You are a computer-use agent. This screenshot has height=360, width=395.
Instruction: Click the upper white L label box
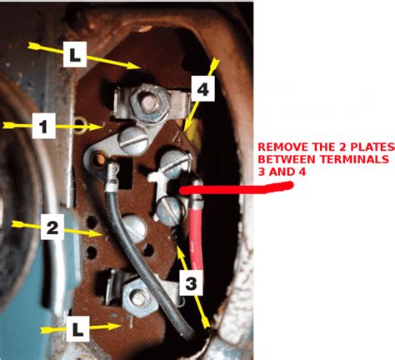(75, 54)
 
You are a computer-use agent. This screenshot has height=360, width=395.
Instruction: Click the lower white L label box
(77, 329)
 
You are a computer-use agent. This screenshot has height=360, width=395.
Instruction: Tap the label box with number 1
(44, 126)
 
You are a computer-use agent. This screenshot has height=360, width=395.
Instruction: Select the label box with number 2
(52, 227)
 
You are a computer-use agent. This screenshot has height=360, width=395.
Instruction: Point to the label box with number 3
(191, 282)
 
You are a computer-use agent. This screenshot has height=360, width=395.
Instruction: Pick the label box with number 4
(203, 88)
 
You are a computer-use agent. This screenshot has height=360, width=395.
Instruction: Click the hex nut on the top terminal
(149, 102)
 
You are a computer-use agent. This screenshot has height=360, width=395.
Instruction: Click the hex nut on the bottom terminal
(139, 297)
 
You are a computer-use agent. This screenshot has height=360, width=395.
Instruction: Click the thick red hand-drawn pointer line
(236, 188)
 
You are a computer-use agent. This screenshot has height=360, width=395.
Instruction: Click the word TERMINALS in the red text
(354, 159)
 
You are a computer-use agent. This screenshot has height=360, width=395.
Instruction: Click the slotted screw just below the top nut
(132, 140)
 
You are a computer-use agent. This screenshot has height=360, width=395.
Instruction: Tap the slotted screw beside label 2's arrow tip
(134, 228)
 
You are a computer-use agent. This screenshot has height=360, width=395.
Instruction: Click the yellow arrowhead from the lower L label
(113, 327)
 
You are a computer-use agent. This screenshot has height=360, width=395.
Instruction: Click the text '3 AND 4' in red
(282, 172)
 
